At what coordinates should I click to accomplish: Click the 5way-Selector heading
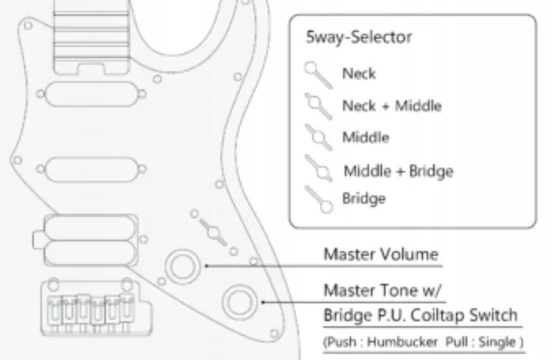359,39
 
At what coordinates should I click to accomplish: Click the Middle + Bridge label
398,171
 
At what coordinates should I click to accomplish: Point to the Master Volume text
381,254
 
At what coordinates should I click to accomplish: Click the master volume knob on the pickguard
179,268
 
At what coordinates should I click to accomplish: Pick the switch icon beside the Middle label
318,137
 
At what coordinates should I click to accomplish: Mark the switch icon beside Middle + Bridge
319,169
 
